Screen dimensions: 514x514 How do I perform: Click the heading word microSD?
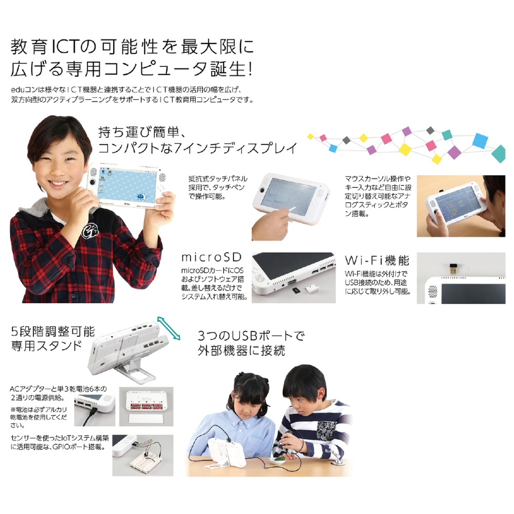tap(211, 258)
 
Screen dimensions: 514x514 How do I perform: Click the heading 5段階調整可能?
tap(46, 330)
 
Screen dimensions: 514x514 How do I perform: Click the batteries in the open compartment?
tap(145, 404)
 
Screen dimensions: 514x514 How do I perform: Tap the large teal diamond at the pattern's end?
tap(499, 152)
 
